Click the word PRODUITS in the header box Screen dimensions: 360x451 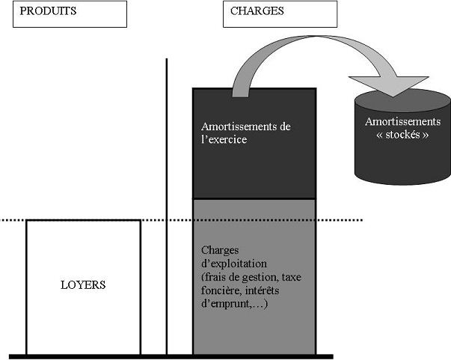click(x=47, y=12)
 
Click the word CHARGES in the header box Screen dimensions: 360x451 click(x=257, y=12)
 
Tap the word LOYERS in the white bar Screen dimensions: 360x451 click(x=83, y=285)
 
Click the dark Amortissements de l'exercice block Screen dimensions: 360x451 click(x=254, y=165)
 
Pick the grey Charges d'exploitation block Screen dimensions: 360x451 click(x=254, y=329)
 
